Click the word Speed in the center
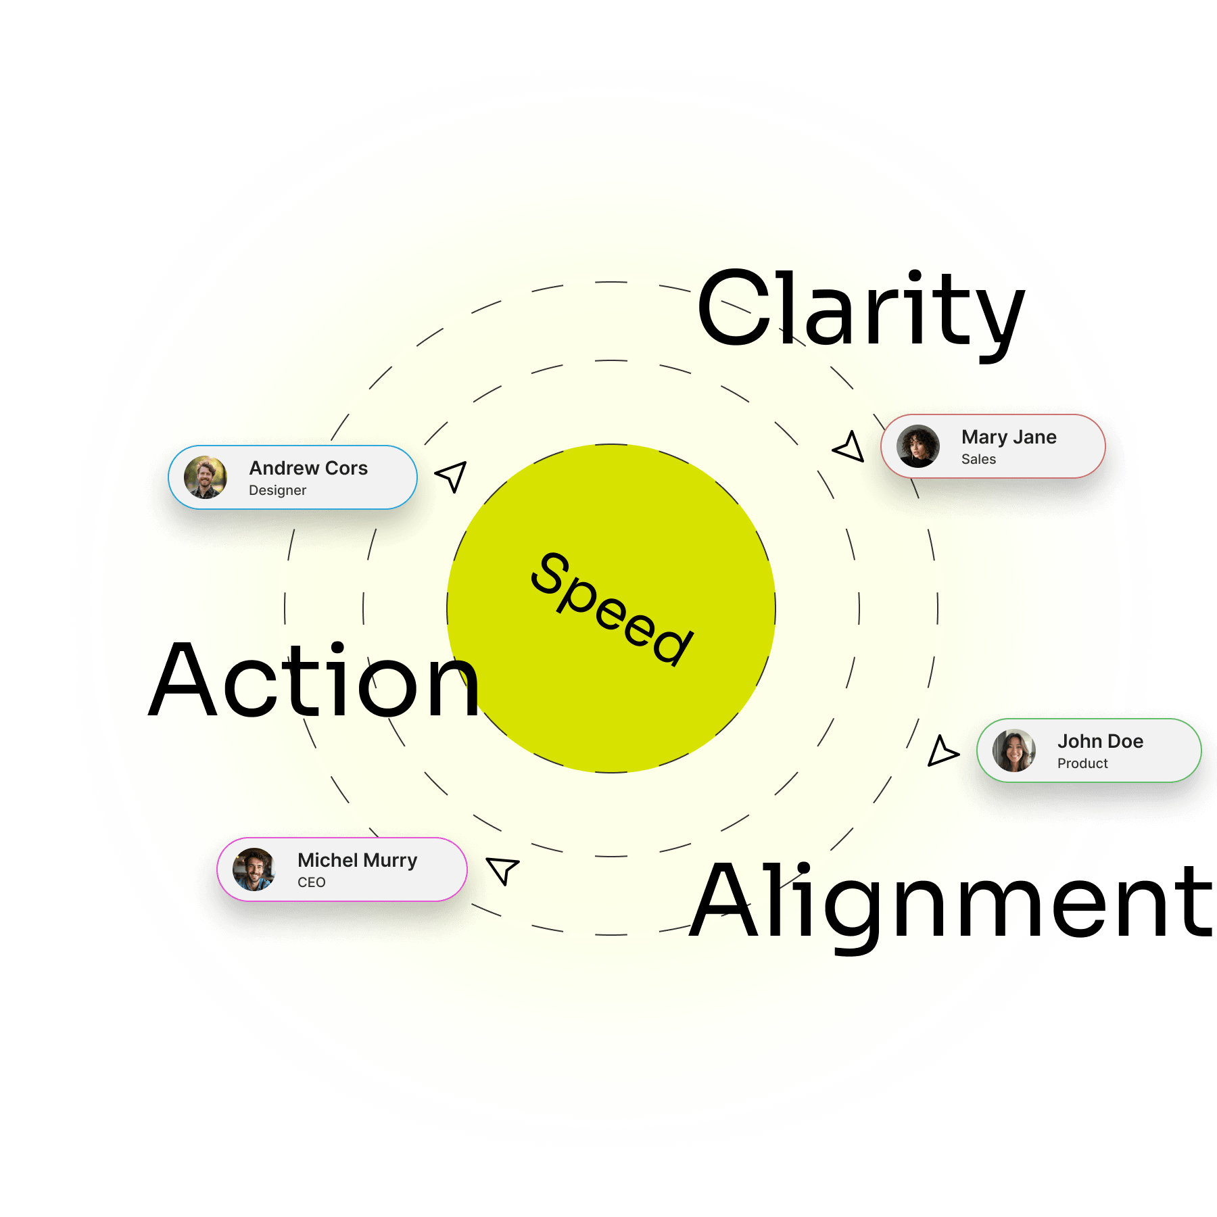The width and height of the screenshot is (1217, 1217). (x=612, y=608)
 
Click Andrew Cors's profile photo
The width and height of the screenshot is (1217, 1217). (x=206, y=477)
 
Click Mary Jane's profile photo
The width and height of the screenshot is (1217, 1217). (x=917, y=446)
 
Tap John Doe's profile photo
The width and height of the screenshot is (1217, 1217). (x=1013, y=750)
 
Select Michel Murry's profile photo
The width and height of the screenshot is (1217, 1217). (x=254, y=869)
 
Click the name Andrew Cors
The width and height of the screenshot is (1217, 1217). (x=308, y=468)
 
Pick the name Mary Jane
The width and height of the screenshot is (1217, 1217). (x=1009, y=437)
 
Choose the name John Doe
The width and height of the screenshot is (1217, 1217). (x=1100, y=742)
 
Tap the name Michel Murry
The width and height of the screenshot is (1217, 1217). (x=357, y=860)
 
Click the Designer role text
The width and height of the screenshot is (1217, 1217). (x=277, y=490)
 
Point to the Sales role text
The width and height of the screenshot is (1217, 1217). (x=978, y=459)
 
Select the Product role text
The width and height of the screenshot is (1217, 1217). (x=1082, y=763)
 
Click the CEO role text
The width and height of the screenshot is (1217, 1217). (x=311, y=882)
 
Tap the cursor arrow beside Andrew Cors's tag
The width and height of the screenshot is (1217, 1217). (x=452, y=475)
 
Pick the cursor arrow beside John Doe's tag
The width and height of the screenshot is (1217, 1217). (x=941, y=752)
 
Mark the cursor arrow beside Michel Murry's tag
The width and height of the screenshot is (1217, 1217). (x=503, y=869)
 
